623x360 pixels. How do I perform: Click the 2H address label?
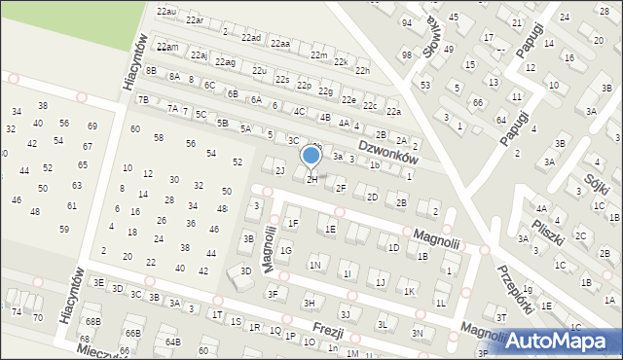tap(312, 179)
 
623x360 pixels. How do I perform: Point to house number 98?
tap(406, 55)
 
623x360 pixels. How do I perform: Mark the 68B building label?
tap(92, 321)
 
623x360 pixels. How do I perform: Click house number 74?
tap(17, 311)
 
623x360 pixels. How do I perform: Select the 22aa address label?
tap(281, 44)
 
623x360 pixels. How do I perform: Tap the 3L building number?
tap(383, 324)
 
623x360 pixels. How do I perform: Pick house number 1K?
tap(410, 291)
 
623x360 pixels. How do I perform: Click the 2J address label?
tap(279, 171)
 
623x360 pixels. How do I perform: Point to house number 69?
tap(92, 126)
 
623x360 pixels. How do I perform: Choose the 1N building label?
tap(314, 265)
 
